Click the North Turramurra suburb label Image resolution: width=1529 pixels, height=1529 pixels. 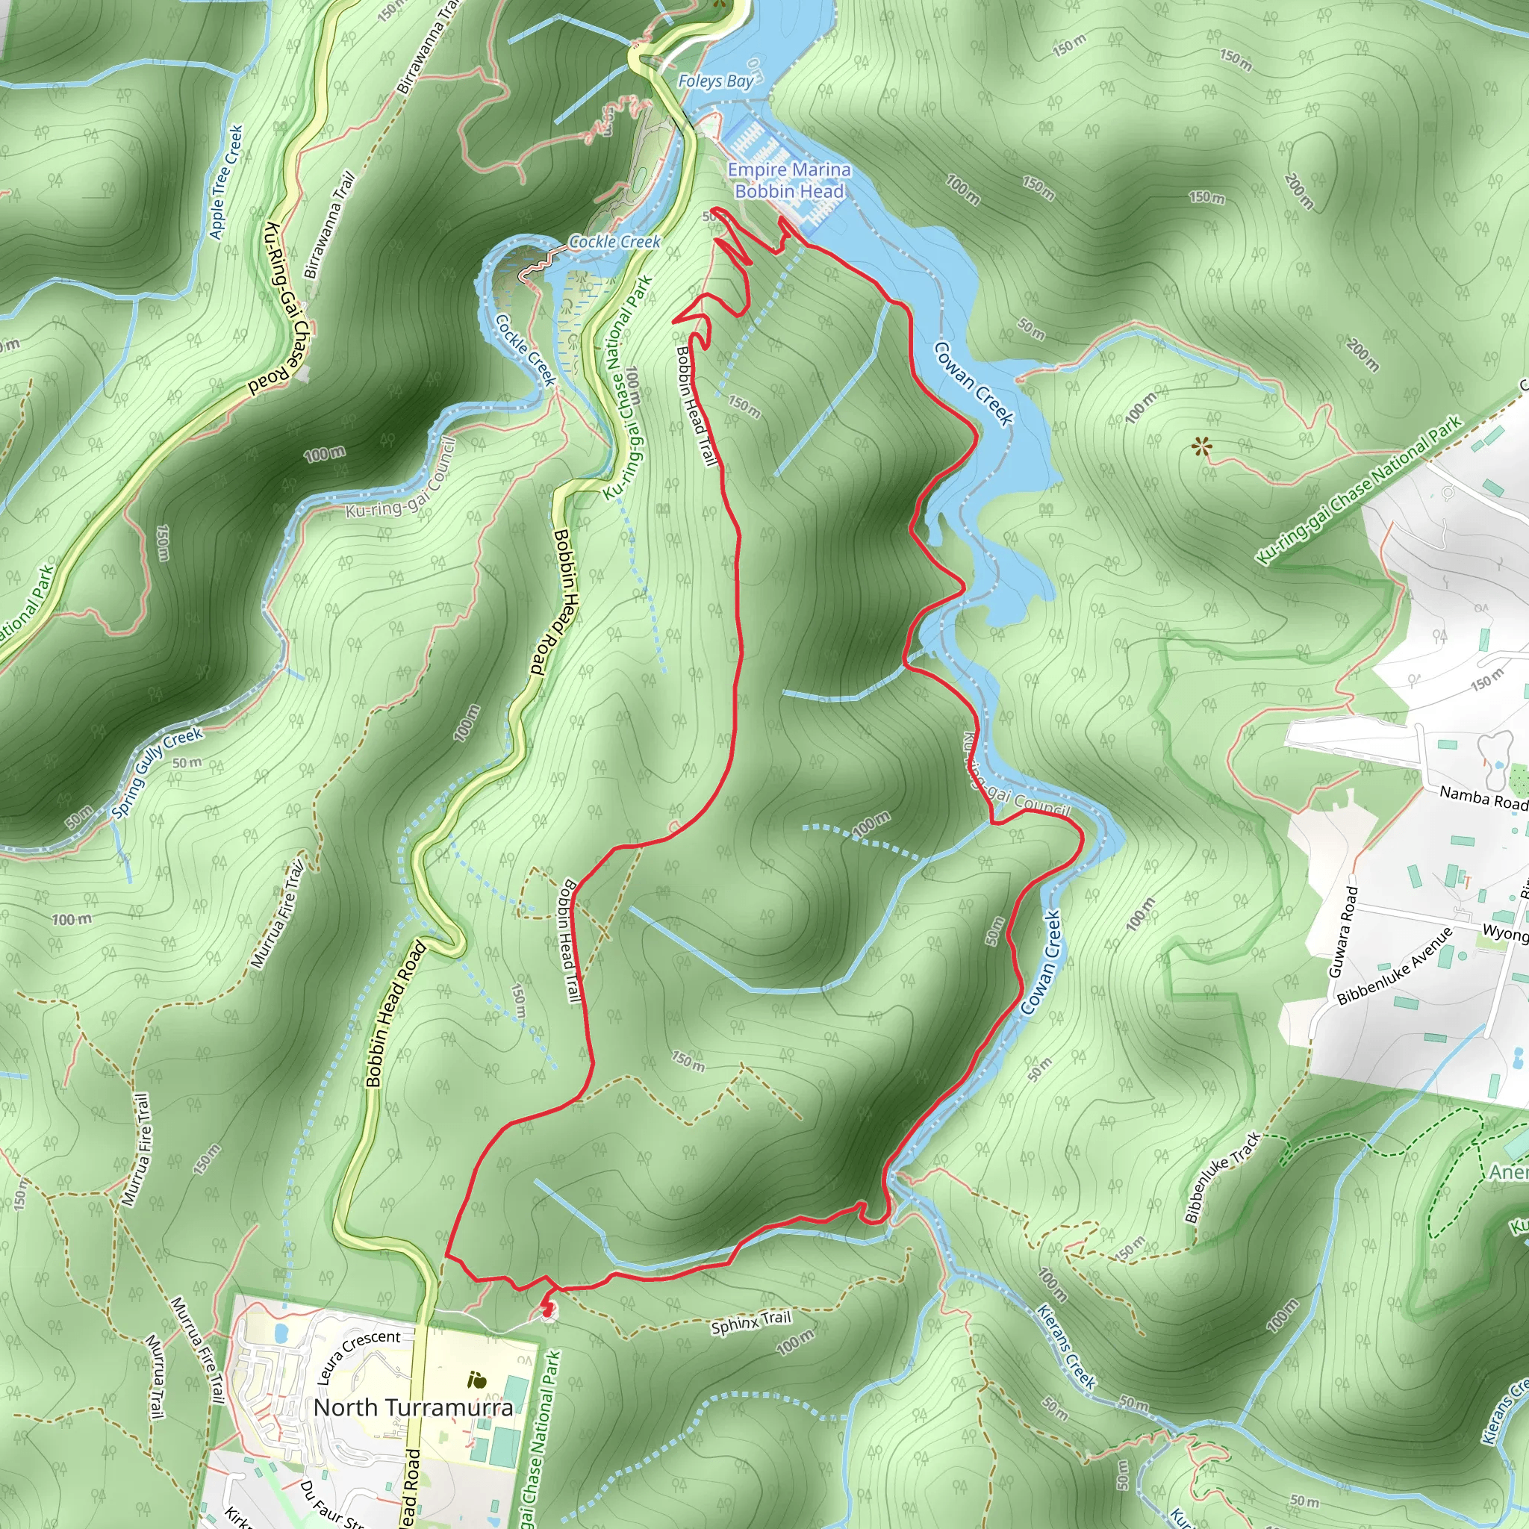[x=412, y=1407]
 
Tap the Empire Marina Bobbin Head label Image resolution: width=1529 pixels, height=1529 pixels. [x=789, y=181]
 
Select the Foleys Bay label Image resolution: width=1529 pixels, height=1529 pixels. [x=715, y=81]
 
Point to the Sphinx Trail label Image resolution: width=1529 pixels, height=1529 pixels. [x=750, y=1321]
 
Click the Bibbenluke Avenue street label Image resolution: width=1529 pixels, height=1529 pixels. [x=1395, y=965]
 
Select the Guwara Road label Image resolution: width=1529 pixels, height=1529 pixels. [x=1343, y=932]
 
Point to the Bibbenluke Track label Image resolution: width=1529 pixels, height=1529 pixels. [x=1222, y=1177]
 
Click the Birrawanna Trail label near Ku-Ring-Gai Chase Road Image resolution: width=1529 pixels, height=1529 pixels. [x=330, y=225]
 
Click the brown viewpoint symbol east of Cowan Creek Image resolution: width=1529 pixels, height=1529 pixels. [x=1201, y=448]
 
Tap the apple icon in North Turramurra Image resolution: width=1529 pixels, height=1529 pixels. [x=476, y=1381]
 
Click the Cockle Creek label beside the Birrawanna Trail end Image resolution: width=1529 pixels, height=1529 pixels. [x=614, y=242]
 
